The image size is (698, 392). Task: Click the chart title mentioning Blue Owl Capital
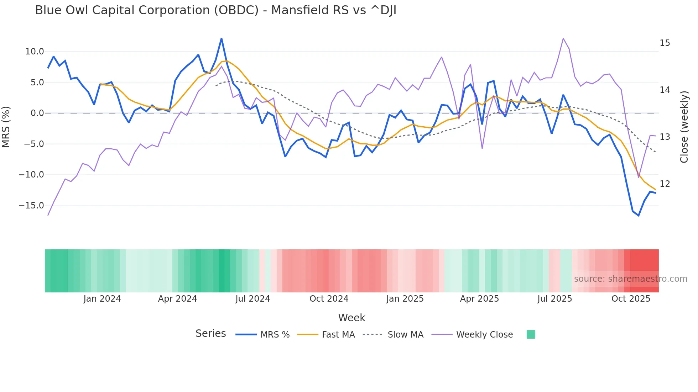215,10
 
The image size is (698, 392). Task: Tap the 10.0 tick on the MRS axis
35,52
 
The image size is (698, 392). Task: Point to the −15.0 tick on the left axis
31,206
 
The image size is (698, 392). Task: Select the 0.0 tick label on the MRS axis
37,113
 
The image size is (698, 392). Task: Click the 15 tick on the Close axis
665,43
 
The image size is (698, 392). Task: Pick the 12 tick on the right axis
665,184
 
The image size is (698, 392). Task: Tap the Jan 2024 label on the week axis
102,299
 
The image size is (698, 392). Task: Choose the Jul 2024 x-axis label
253,299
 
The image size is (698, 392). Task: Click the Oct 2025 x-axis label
631,299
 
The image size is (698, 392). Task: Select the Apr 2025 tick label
479,299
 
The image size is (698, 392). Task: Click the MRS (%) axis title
6,127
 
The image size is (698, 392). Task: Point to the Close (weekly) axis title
684,127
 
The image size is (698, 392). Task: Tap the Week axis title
351,318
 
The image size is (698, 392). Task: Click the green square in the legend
531,334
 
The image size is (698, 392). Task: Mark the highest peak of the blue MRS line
222,39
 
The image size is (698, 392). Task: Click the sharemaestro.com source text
630,279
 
